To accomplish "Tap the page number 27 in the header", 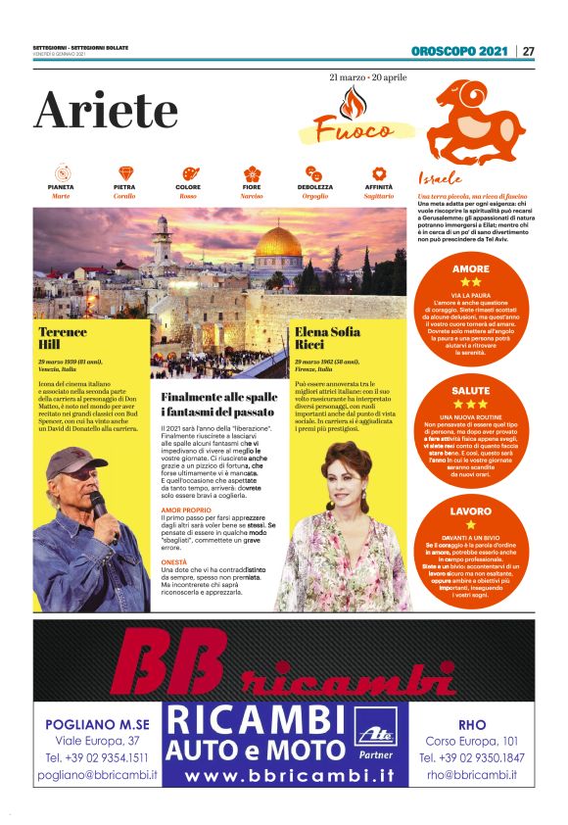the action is (x=528, y=51).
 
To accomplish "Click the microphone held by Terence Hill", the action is (x=99, y=506).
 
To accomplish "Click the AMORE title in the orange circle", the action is (x=471, y=268).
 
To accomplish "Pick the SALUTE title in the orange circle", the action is (x=471, y=390).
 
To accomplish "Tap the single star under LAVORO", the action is (x=471, y=524).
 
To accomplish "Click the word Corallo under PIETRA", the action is (x=124, y=196).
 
